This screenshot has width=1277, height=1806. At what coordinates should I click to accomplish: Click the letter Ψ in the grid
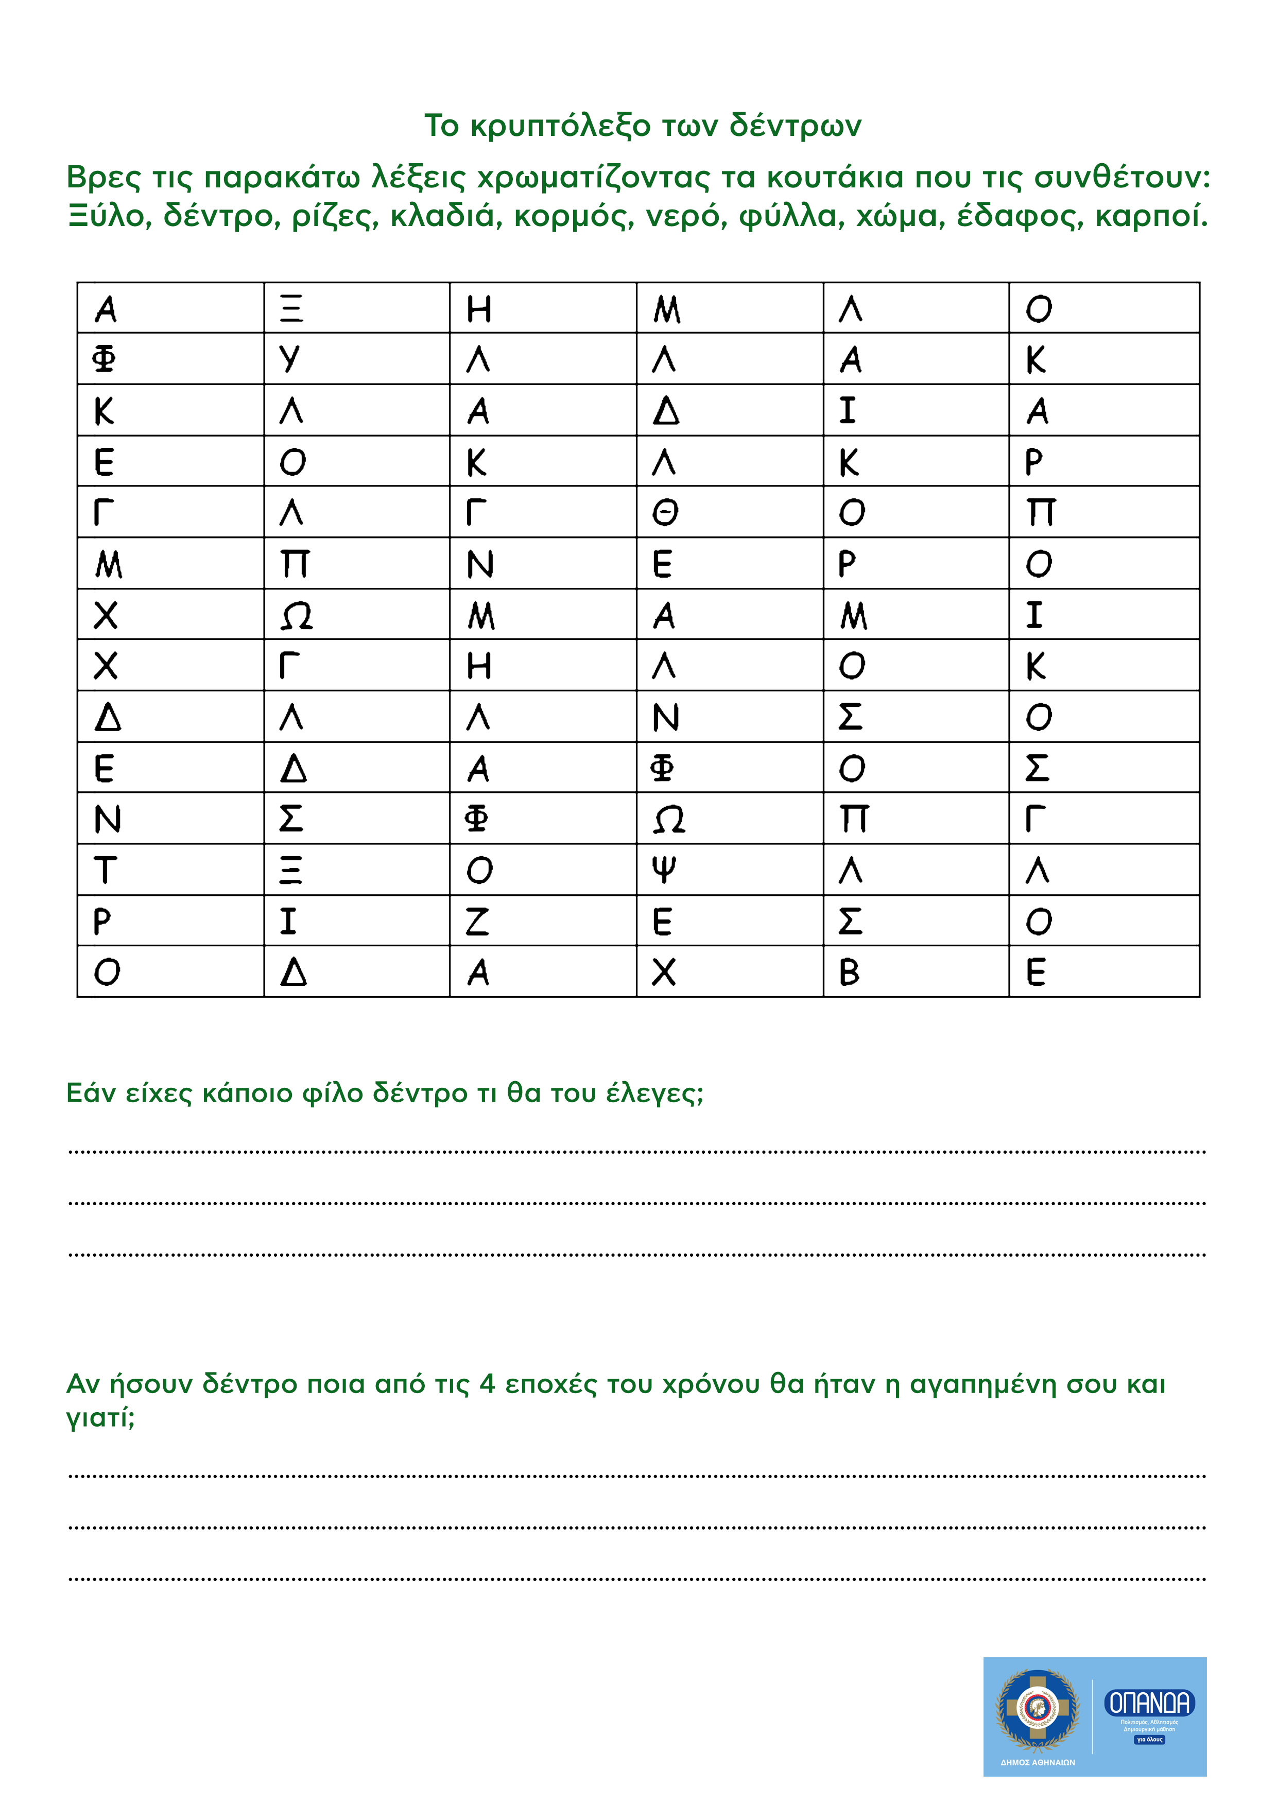point(665,870)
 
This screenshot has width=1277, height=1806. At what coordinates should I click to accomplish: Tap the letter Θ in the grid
point(665,513)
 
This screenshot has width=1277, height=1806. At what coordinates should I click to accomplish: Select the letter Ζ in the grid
point(478,921)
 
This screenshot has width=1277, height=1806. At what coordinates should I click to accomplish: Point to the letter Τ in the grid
point(106,871)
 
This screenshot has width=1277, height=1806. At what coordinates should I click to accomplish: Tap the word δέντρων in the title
point(796,126)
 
